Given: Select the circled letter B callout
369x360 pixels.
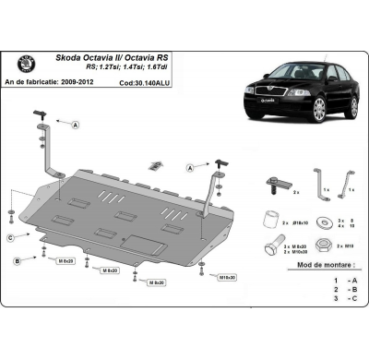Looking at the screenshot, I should point(18,262).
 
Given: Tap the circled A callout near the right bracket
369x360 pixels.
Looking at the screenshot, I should point(190,168).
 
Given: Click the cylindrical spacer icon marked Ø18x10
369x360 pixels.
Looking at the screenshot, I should point(270,220).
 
